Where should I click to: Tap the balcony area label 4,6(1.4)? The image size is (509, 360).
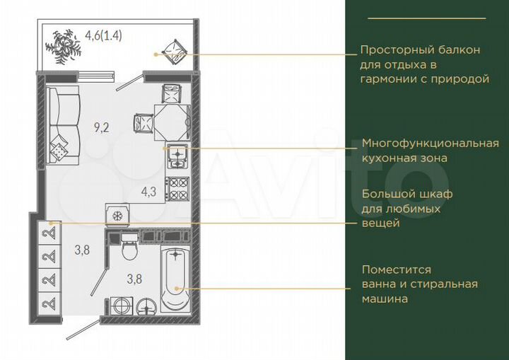click(x=103, y=34)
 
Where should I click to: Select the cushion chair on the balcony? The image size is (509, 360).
click(x=172, y=50)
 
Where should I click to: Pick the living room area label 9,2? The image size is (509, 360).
click(x=102, y=127)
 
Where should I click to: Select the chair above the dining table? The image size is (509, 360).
click(x=172, y=92)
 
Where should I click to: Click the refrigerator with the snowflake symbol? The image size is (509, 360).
click(x=117, y=214)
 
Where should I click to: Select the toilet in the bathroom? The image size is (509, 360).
click(x=129, y=250)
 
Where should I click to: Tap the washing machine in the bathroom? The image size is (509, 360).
click(x=122, y=306)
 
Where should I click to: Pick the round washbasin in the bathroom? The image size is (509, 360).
click(x=147, y=306)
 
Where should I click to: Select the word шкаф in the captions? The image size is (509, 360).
click(x=435, y=194)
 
